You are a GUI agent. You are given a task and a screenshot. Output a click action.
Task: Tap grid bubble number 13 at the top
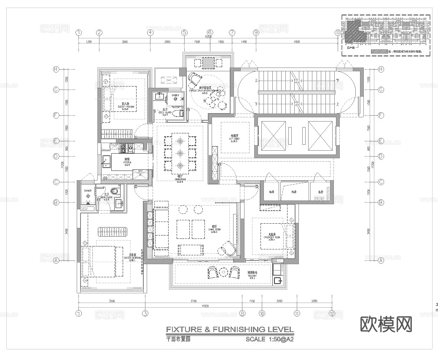[x=337, y=32]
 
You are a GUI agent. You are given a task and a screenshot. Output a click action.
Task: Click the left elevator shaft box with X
[x=272, y=136]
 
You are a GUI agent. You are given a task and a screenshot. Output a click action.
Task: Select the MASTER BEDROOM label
[x=134, y=257]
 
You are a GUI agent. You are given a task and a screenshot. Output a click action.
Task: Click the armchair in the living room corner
[x=228, y=248]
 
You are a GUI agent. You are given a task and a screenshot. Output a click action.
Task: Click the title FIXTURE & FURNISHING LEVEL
[x=229, y=330]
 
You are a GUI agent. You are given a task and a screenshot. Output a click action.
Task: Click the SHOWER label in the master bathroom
[x=88, y=191]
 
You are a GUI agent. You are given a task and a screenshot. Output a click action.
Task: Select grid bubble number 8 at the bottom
[x=242, y=314]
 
